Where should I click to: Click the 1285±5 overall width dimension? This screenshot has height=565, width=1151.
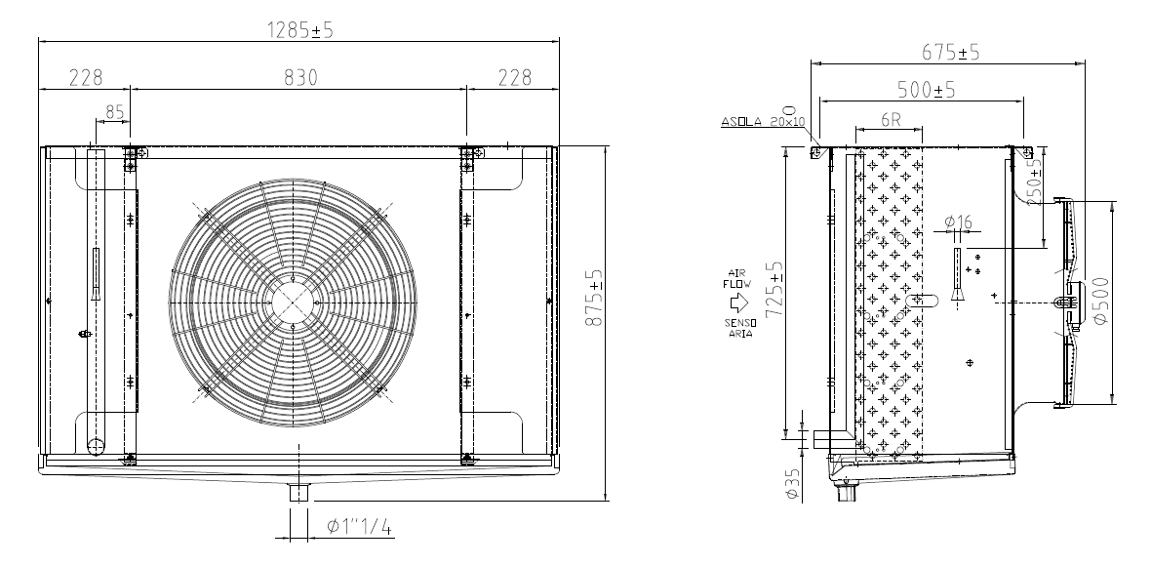(299, 30)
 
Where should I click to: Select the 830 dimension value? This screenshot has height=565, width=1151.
(300, 77)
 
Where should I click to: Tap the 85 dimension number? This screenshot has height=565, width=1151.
(114, 112)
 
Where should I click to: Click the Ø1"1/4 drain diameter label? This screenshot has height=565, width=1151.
(360, 526)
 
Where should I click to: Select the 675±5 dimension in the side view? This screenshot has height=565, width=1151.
(951, 52)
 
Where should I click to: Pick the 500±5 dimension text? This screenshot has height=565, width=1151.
(927, 90)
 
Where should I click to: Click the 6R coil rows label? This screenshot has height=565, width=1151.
(890, 120)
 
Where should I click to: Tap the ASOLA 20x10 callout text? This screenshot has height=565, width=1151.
(763, 122)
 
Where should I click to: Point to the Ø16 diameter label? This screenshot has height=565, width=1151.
(957, 221)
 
